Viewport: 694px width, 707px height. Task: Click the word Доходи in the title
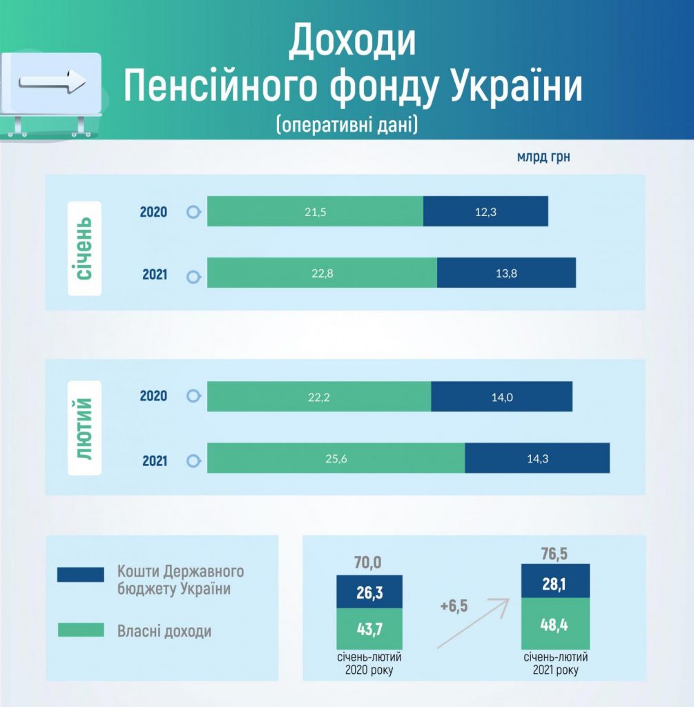pyautogui.click(x=351, y=41)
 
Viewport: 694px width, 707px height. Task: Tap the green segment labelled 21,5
pyautogui.click(x=315, y=211)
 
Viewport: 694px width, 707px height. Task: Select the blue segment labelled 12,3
pyautogui.click(x=485, y=211)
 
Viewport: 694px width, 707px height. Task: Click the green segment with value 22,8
pyautogui.click(x=322, y=272)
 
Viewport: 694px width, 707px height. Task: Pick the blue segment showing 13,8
pyautogui.click(x=506, y=272)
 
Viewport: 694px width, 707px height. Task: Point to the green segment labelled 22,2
pyautogui.click(x=319, y=396)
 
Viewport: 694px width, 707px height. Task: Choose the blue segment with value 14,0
pyautogui.click(x=502, y=396)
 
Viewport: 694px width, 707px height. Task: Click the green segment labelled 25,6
pyautogui.click(x=336, y=458)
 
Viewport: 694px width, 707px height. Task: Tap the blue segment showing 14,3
pyautogui.click(x=537, y=458)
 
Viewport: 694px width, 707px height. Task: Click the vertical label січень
pyautogui.click(x=84, y=249)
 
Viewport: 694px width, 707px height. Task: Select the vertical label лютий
pyautogui.click(x=84, y=428)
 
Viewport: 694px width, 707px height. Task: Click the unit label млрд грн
pyautogui.click(x=543, y=157)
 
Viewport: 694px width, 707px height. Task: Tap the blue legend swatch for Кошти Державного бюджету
pyautogui.click(x=81, y=574)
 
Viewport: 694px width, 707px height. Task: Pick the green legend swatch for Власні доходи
pyautogui.click(x=81, y=630)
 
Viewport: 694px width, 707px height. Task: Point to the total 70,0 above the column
pyautogui.click(x=368, y=562)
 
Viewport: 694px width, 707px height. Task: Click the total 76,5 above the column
pyautogui.click(x=555, y=553)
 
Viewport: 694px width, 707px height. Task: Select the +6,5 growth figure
pyautogui.click(x=454, y=606)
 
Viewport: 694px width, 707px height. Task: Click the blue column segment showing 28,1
pyautogui.click(x=556, y=581)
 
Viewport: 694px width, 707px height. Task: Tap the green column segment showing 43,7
pyautogui.click(x=369, y=628)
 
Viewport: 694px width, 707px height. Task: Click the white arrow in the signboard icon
pyautogui.click(x=52, y=81)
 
